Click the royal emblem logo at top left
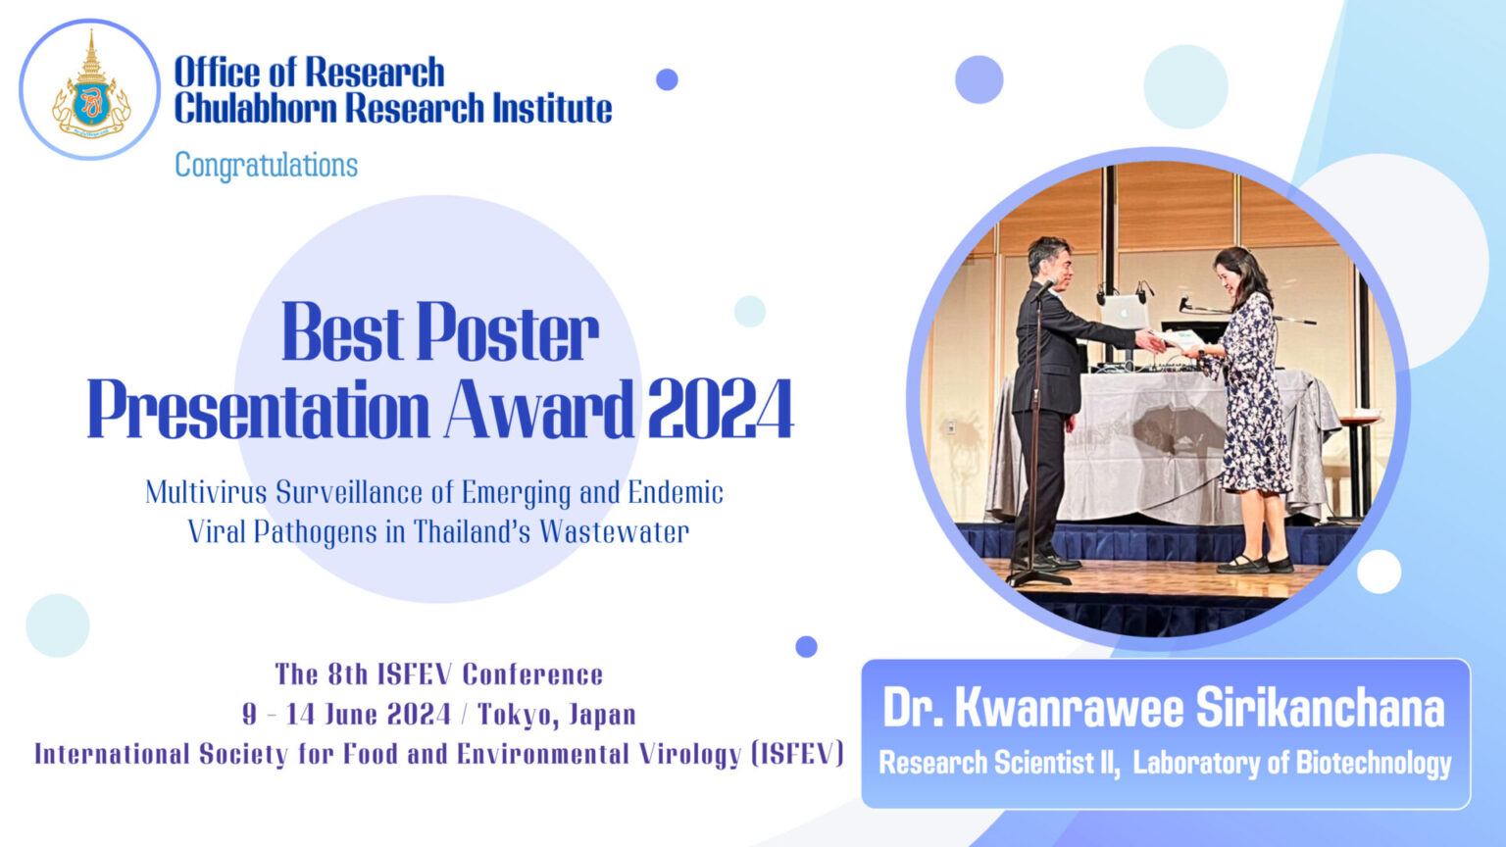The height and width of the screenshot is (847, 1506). click(89, 89)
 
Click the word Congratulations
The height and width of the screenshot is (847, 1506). click(266, 165)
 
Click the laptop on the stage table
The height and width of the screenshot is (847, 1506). click(1124, 313)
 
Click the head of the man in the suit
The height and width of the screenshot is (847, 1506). click(1048, 259)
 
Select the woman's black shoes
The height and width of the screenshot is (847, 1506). click(1254, 565)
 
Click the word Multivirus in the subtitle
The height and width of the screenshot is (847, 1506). click(205, 492)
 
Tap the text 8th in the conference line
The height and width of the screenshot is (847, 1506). click(348, 674)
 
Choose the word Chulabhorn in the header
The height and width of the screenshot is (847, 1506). click(256, 109)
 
